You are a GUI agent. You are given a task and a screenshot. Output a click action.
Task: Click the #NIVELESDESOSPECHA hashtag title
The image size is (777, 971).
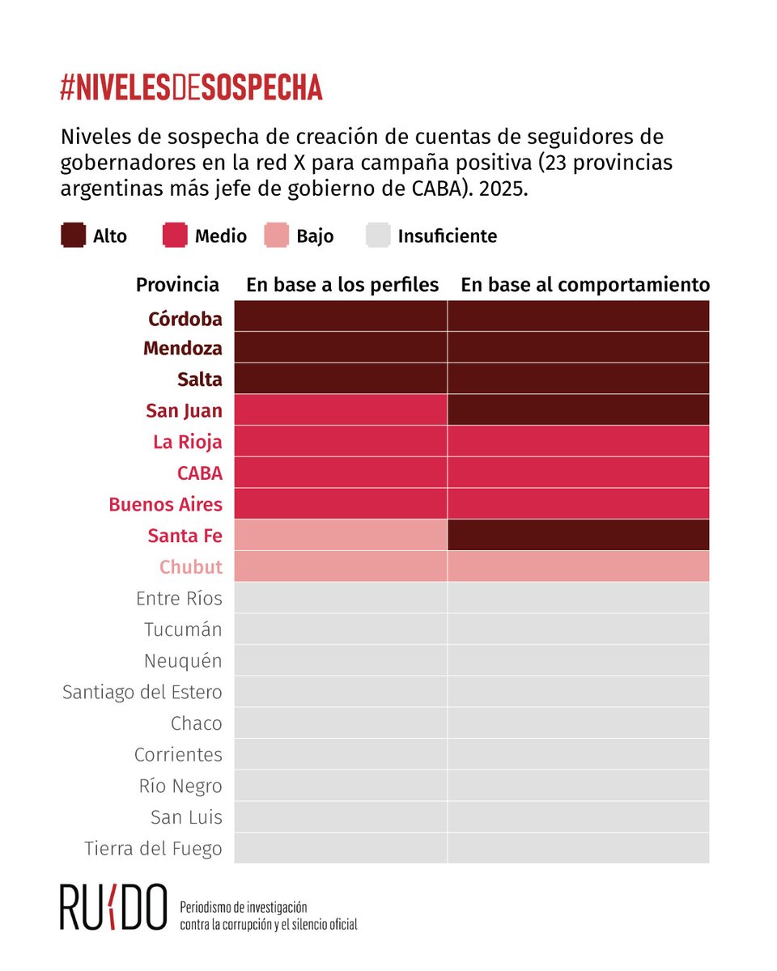[191, 87]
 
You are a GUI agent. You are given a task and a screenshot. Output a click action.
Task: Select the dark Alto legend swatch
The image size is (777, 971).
[73, 235]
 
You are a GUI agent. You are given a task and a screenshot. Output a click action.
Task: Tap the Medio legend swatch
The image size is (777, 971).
[175, 235]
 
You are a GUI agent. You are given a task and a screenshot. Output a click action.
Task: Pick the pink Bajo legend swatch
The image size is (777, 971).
[277, 235]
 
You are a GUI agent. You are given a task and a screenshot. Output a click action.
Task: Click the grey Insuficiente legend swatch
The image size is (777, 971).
[378, 235]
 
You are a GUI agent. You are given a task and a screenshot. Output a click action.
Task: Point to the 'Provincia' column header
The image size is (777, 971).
[177, 285]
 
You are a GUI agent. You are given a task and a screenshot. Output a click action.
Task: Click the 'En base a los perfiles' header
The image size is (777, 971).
[342, 285]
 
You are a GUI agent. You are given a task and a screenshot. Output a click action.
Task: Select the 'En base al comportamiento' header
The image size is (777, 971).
[585, 285]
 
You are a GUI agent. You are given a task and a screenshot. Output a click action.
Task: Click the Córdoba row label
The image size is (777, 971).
[185, 319]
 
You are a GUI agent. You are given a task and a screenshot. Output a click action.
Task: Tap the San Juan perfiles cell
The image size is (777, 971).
[341, 410]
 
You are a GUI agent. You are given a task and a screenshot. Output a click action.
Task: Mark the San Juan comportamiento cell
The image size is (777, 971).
[579, 410]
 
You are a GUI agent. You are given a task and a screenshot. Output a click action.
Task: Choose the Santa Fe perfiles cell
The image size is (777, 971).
[341, 536]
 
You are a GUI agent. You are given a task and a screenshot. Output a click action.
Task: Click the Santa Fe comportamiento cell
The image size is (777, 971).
[579, 536]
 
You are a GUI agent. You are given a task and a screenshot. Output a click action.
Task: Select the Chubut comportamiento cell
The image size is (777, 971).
[579, 566]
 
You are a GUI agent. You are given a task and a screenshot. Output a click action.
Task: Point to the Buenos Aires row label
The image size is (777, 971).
[165, 504]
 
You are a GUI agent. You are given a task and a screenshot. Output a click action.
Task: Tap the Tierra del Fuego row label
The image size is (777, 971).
[153, 849]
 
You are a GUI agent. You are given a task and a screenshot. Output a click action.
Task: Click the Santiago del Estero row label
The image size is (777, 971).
[142, 692]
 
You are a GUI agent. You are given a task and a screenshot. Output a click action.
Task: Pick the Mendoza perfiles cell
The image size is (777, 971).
[341, 348]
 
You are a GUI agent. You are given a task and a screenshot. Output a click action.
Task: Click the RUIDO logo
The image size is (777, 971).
[113, 907]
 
